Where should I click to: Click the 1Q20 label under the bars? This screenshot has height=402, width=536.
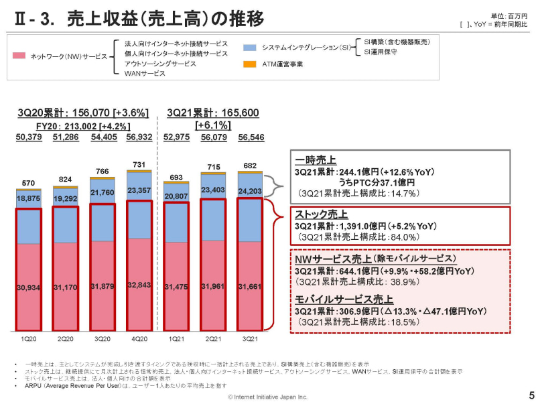click(x=29, y=340)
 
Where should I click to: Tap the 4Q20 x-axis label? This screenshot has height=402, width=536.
click(x=139, y=340)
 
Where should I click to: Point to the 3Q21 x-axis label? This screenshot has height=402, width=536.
click(x=249, y=340)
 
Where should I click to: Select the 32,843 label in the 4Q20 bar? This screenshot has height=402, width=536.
click(x=139, y=285)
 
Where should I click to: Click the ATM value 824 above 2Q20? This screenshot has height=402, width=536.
click(x=66, y=180)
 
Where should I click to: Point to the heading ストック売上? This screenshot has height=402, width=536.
click(x=321, y=214)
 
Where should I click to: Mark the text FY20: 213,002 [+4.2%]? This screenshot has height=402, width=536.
click(x=83, y=125)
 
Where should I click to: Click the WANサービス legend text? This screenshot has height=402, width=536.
click(x=145, y=74)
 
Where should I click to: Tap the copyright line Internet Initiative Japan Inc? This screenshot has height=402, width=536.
click(x=268, y=397)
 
